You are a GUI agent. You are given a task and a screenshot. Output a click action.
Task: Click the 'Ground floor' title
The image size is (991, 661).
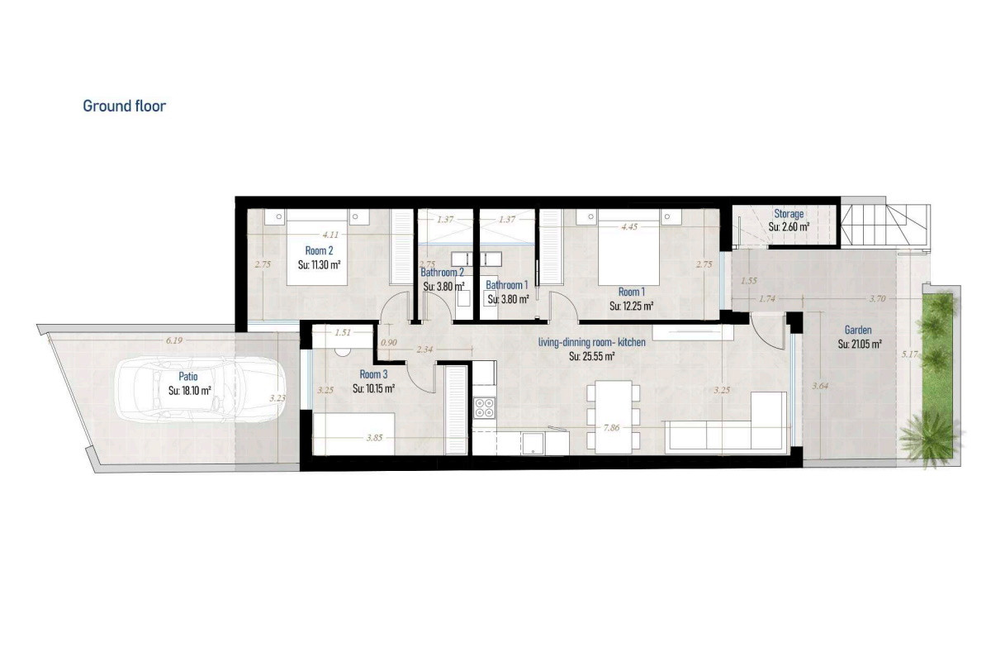tap(125, 107)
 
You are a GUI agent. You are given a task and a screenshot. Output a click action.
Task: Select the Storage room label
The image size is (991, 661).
tap(789, 214)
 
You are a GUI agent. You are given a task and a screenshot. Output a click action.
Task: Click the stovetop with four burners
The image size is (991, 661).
tap(484, 408)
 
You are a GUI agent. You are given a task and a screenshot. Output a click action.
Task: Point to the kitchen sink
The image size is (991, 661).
tap(533, 443)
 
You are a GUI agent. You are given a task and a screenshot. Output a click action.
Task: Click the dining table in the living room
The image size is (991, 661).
tap(613, 417)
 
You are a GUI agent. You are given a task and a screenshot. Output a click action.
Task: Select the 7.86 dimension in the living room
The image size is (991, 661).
tap(611, 428)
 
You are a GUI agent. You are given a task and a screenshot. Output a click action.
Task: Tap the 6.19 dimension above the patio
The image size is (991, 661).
tap(174, 340)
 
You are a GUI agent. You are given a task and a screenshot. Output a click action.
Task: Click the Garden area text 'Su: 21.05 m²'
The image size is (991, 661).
tap(860, 344)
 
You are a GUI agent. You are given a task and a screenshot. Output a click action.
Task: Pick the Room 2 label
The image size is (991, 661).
tap(319, 250)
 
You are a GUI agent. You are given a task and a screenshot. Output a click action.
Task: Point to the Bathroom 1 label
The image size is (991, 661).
tap(506, 285)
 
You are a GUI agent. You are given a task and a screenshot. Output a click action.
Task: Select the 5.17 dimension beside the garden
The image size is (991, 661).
tap(909, 354)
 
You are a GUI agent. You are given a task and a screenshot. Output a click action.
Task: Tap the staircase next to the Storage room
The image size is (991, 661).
tap(884, 225)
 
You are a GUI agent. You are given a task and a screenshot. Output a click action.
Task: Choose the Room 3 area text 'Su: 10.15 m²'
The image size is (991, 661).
tap(373, 388)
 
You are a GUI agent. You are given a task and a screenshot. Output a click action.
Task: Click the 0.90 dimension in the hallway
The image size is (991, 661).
tap(389, 342)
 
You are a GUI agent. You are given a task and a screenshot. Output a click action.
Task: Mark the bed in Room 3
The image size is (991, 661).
tap(353, 434)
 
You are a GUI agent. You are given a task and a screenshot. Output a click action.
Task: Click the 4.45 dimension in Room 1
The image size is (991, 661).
tap(629, 226)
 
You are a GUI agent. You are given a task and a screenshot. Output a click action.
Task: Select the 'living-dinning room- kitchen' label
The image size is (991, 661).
tap(591, 342)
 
